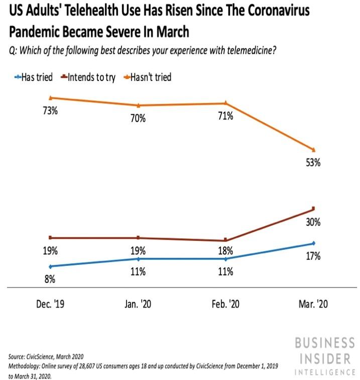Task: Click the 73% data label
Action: pos(50,112)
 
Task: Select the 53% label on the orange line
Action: pos(314,163)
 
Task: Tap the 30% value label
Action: pos(314,222)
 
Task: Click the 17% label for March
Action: pos(314,256)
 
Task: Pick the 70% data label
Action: pos(138,119)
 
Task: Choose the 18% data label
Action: pos(225,251)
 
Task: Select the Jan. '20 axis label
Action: pos(138,305)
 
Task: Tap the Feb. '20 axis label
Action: pos(225,305)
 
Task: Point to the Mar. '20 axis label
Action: pos(314,305)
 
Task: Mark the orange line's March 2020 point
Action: pos(313,150)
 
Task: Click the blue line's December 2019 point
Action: pos(50,266)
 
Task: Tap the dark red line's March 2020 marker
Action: pos(313,208)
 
